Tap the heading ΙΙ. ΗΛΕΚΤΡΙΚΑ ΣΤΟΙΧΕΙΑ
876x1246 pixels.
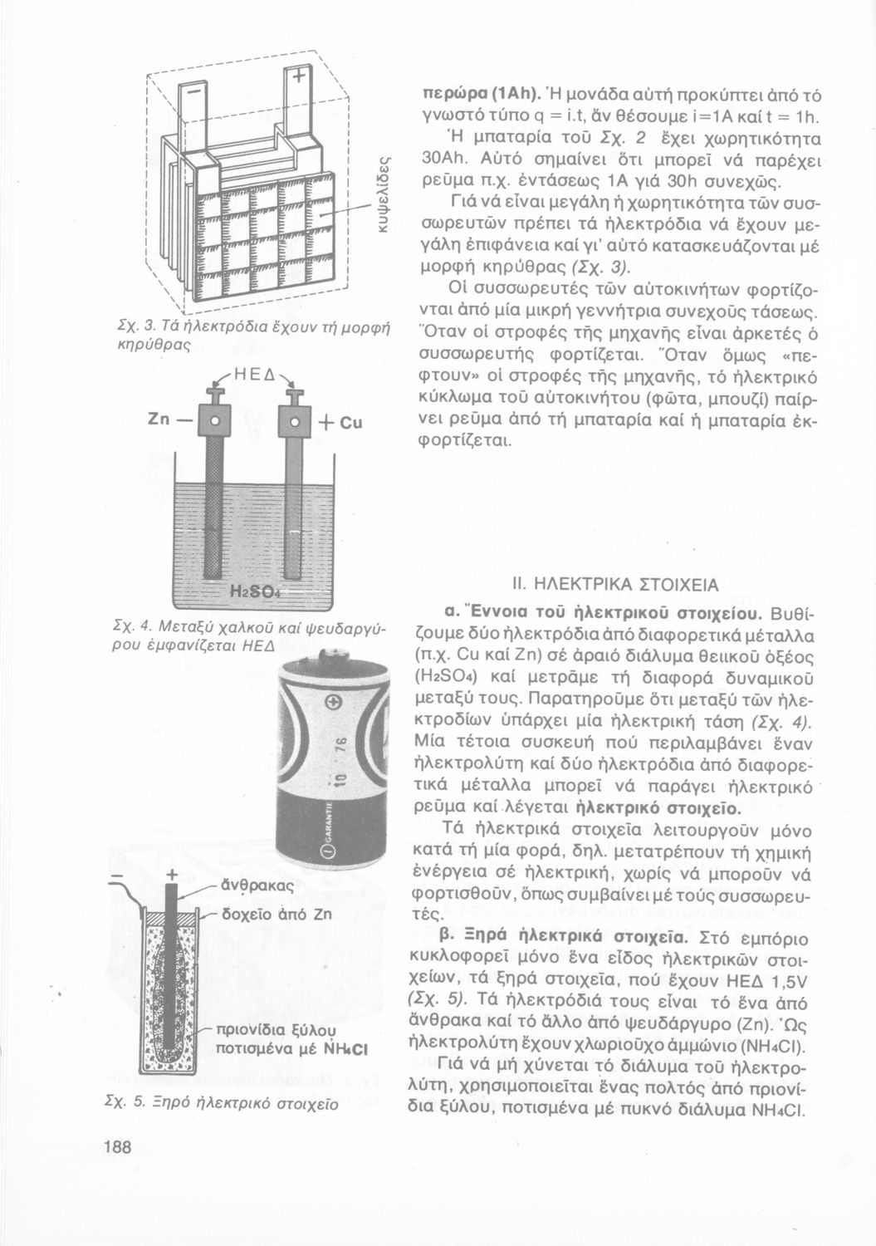coord(616,585)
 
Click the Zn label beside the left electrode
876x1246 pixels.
coord(159,419)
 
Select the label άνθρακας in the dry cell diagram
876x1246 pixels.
coord(255,886)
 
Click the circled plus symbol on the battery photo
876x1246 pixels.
coord(335,704)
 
